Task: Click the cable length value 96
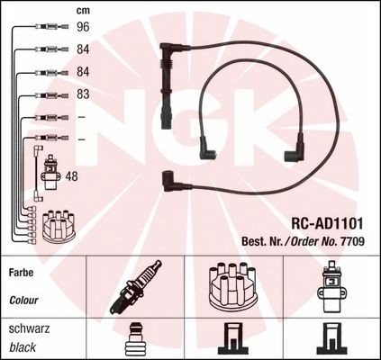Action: (x=83, y=27)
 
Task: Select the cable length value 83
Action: (x=83, y=94)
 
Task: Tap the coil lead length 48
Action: (x=71, y=176)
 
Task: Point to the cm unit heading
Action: (x=83, y=11)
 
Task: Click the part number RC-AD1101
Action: (x=327, y=223)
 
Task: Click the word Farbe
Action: (x=21, y=273)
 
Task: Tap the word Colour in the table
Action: (x=23, y=300)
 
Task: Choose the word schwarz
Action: (x=29, y=328)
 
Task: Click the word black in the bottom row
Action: (x=23, y=347)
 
